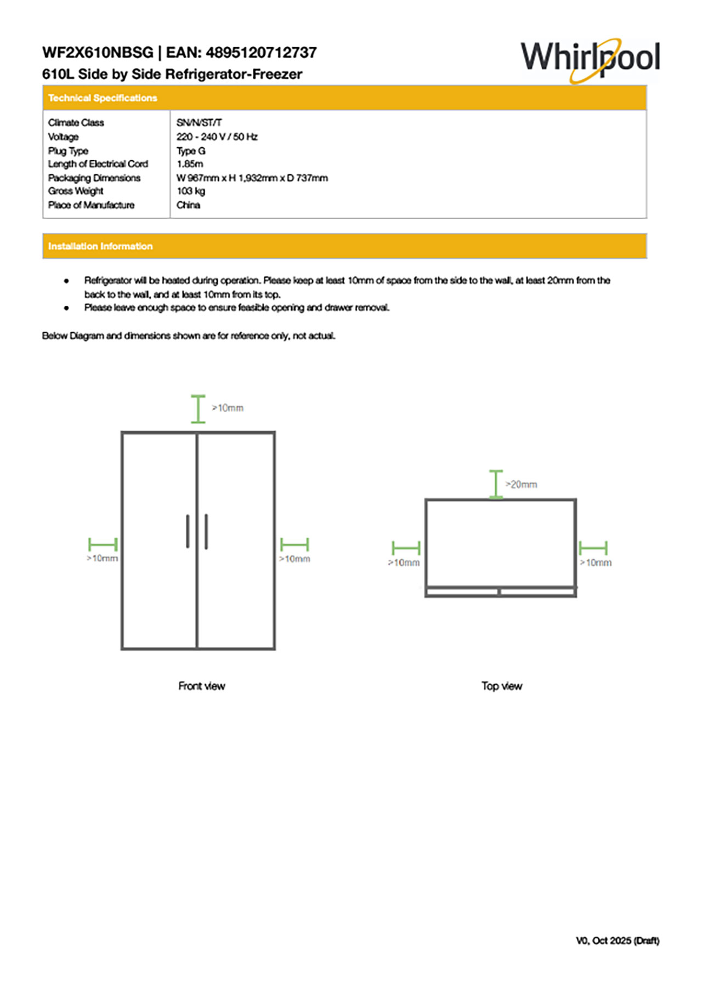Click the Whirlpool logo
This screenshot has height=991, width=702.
click(590, 59)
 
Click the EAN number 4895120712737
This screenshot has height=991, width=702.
click(261, 53)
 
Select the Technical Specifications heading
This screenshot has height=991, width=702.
click(103, 98)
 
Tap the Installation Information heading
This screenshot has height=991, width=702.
click(100, 247)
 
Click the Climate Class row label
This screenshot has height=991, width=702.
click(76, 123)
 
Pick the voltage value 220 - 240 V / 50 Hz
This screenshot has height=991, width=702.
click(217, 137)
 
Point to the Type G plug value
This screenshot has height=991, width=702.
click(191, 151)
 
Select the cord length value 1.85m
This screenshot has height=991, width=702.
click(190, 164)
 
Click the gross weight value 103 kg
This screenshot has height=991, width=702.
click(190, 191)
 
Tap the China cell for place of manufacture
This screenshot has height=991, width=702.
click(188, 205)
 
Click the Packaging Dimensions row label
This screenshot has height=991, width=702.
click(94, 178)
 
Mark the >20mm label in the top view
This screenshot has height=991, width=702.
click(522, 485)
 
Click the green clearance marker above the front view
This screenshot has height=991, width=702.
click(198, 409)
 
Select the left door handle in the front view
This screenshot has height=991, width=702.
click(188, 531)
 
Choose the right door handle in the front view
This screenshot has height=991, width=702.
click(206, 531)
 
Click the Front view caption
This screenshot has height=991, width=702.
click(201, 686)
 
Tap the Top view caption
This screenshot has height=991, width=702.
click(502, 686)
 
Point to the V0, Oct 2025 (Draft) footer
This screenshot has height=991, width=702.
click(618, 941)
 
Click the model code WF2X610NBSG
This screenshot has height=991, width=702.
click(98, 53)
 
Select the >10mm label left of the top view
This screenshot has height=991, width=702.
click(404, 563)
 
